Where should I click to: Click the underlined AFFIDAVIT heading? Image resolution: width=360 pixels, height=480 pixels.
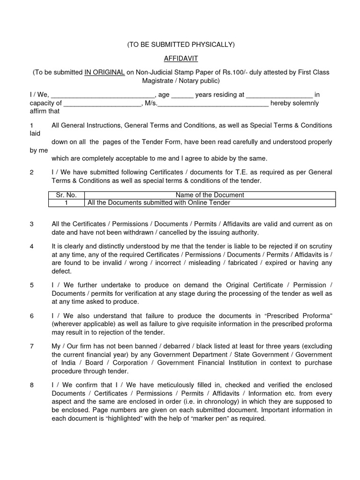180,59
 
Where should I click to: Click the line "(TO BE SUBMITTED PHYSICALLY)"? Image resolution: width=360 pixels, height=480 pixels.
180,45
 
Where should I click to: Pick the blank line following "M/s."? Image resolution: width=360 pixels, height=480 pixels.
213,103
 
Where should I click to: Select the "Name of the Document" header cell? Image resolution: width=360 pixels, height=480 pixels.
210,195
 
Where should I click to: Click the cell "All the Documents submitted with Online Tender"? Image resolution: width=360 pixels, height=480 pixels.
159,203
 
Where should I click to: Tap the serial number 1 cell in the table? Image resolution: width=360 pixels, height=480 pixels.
67,203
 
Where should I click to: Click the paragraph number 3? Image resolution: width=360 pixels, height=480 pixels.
31,224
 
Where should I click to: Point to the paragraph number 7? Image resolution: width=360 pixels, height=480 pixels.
31,346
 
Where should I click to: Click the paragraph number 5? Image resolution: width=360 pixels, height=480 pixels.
31,285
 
